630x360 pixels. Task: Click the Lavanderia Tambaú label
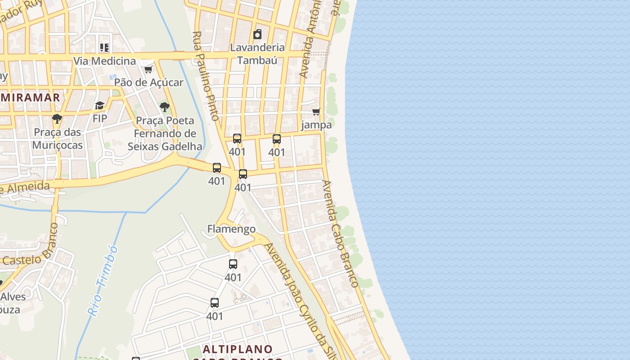[257, 54]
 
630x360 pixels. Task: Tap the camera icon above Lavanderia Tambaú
[257, 34]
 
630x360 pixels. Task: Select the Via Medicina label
[104, 61]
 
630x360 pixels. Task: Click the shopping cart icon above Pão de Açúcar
[148, 69]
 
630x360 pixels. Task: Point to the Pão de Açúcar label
[148, 82]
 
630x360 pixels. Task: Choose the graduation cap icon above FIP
[99, 106]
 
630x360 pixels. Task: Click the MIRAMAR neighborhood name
[30, 97]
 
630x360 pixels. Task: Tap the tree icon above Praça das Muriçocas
[57, 119]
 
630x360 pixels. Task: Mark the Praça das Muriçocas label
[57, 139]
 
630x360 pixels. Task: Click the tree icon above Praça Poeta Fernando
[165, 107]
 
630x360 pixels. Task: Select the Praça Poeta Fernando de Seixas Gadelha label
[165, 134]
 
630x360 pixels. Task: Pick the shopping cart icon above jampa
[316, 112]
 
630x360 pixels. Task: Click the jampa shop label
[316, 125]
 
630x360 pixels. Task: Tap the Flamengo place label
[231, 229]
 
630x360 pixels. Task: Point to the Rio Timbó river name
[103, 280]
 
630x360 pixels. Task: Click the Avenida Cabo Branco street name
[340, 234]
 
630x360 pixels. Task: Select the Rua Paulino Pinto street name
[206, 76]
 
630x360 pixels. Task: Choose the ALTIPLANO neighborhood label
[238, 349]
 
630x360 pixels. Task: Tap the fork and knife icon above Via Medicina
[104, 47]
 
